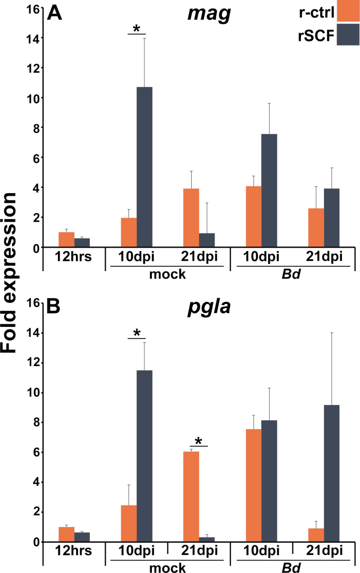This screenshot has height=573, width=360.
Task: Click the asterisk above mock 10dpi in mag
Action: tap(136, 28)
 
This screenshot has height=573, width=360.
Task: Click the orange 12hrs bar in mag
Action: tap(66, 240)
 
